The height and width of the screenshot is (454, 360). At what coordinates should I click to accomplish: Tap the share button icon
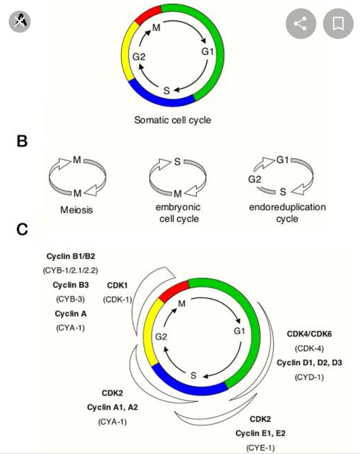point(301,24)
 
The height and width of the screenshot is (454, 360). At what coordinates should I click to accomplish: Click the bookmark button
point(338,24)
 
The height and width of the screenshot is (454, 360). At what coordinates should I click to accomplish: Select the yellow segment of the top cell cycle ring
point(127,52)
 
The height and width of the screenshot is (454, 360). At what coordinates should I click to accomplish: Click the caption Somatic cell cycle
point(172,120)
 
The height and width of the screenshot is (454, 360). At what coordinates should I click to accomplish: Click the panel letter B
point(22,141)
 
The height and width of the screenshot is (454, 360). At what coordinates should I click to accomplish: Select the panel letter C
point(22,229)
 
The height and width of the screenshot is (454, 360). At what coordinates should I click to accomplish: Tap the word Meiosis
point(76,210)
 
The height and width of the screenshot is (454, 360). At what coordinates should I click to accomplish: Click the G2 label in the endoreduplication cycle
point(254,179)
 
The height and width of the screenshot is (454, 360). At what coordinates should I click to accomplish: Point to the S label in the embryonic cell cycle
point(177,162)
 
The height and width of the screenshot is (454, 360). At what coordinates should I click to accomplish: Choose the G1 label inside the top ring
point(207,52)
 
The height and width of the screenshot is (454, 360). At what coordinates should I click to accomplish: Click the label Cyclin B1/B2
point(71,256)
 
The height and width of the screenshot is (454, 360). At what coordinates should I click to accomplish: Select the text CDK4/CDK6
point(309,334)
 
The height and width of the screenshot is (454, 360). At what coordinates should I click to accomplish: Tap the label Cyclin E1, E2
point(260,433)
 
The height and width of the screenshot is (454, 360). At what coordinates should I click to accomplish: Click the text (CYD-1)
point(309,377)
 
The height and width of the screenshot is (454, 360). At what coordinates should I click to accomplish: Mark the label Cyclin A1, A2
point(112,407)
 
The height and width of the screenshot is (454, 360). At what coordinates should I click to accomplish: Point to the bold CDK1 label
point(117,285)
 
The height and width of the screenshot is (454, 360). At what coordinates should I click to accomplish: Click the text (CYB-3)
point(70,299)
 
